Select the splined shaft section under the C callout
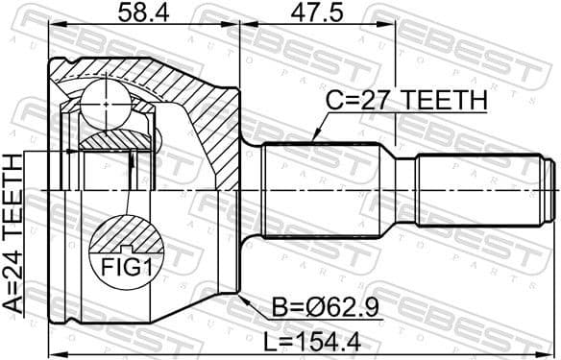point(327,192)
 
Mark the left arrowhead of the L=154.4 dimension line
point(50,348)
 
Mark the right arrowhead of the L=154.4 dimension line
point(554,348)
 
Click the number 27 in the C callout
point(377,101)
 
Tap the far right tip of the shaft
point(555,192)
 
